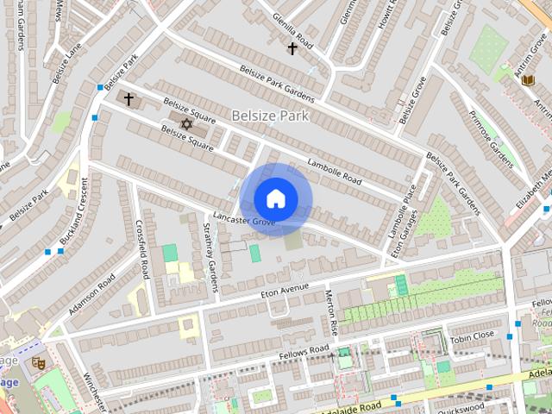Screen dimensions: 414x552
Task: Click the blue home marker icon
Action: coord(276,198)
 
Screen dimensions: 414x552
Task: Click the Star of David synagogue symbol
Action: coord(185,124)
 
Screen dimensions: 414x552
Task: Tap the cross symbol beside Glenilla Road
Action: coord(292,48)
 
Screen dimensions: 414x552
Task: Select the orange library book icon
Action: coord(529,79)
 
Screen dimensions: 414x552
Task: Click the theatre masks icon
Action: coord(39,363)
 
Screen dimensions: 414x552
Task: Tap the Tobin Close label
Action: coord(473,335)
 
